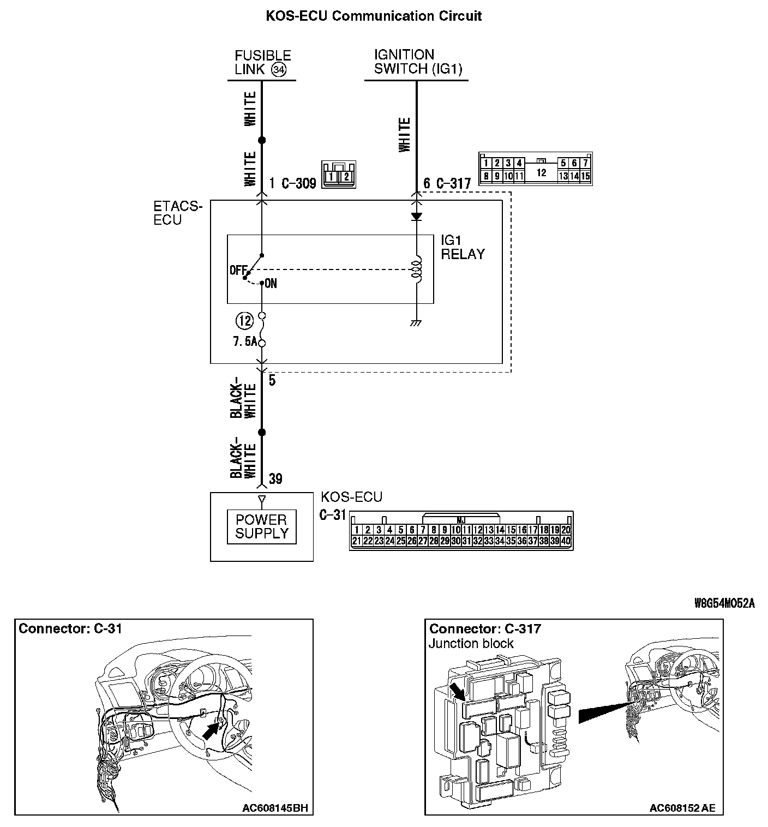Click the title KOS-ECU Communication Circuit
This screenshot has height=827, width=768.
[374, 16]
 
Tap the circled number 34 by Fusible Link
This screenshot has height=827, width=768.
[279, 70]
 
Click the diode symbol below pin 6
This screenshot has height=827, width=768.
[417, 217]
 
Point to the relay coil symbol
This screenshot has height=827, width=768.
[417, 269]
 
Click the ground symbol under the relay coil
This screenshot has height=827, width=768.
[417, 323]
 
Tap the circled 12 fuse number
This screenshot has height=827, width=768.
[244, 320]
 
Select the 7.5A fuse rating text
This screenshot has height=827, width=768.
[245, 342]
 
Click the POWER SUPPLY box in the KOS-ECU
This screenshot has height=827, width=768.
[261, 527]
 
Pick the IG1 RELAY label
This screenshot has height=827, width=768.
[463, 247]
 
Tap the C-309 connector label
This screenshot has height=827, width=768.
[299, 183]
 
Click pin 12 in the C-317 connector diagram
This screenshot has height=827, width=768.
[541, 172]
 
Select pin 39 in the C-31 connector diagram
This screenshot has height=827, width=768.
[555, 541]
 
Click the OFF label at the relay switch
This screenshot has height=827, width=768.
[238, 270]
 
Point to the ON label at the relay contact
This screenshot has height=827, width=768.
[271, 284]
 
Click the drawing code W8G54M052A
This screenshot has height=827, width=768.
[724, 603]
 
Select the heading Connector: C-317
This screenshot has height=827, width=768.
[485, 629]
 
